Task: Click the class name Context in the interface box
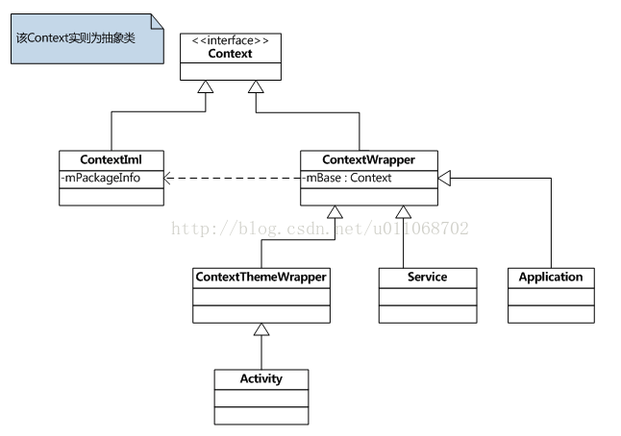coord(230,54)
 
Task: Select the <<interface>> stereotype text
coord(230,40)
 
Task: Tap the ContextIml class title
coord(111,159)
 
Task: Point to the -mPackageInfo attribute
coord(101,178)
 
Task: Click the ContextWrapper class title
coord(369,159)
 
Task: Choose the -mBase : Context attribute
coord(347,178)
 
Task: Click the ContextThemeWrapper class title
coord(261,277)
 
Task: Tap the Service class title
coord(428,277)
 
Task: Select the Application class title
coord(551,277)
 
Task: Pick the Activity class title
coord(261,378)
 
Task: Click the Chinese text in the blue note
coord(76,38)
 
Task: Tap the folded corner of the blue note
coord(157,21)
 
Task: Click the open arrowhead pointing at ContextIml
coord(167,178)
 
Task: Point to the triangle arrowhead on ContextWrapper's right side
coord(444,178)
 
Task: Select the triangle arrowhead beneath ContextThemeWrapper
coord(261,329)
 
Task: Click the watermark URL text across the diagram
coord(320,229)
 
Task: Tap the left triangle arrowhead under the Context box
coord(206,86)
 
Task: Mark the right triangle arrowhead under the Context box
coord(256,86)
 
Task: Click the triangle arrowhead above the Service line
coord(403,212)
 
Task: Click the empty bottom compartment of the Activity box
coord(261,416)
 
